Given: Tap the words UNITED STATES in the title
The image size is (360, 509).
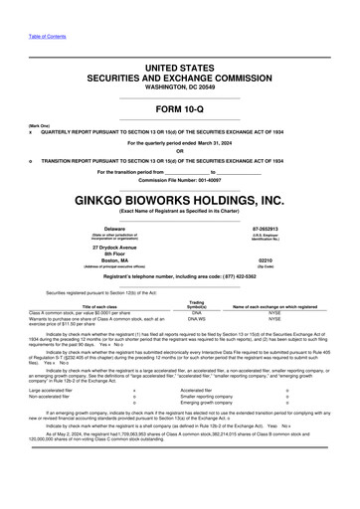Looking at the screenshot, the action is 180,66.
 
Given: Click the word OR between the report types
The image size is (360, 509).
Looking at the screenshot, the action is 180,150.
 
